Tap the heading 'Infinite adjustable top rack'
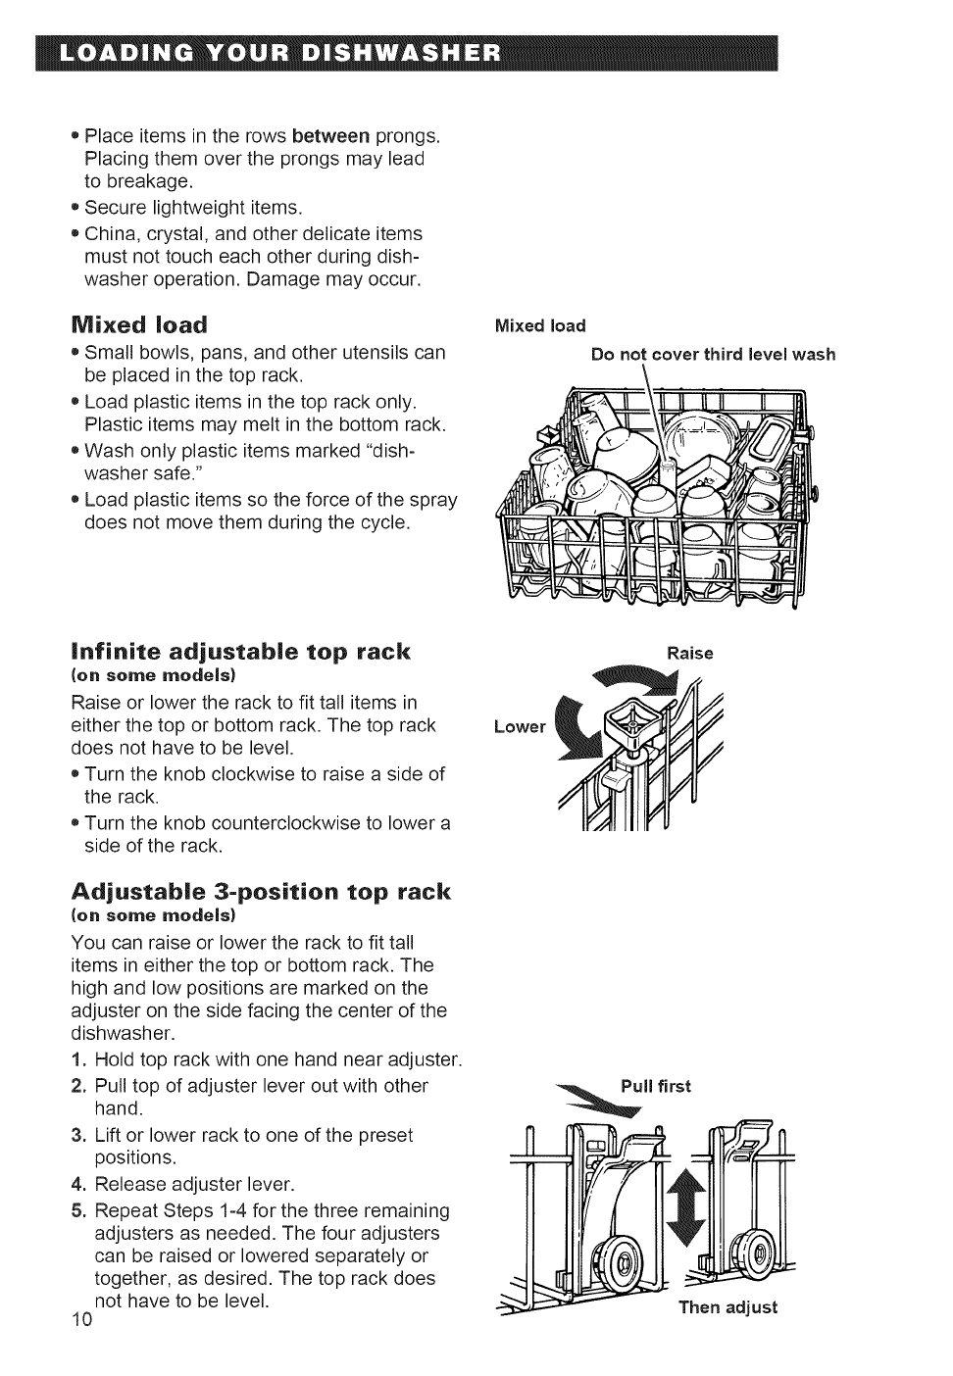pos(241,652)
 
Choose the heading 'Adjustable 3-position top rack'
pos(260,891)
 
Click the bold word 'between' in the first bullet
pos(330,135)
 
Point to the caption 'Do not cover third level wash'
pos(713,354)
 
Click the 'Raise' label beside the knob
pos(689,653)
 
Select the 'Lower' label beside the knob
pos(519,726)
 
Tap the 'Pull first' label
pos(655,1086)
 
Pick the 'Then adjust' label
pos(727,1306)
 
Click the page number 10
pos(81,1319)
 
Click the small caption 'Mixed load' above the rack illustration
pos(540,326)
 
